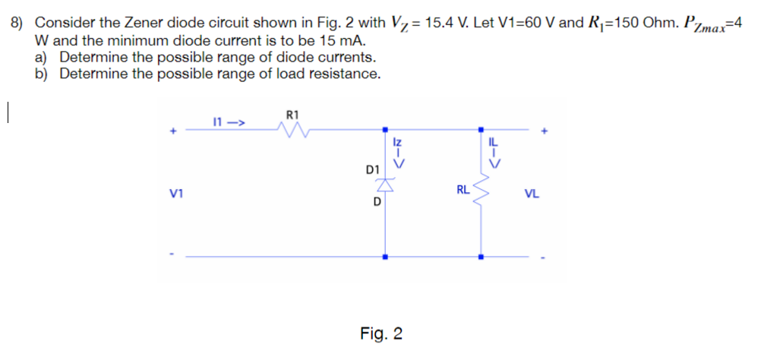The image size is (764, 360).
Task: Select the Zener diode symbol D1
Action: coord(386,185)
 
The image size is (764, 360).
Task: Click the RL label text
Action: coord(463,190)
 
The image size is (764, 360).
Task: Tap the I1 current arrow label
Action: coord(227,120)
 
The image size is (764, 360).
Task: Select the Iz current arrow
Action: coord(396,152)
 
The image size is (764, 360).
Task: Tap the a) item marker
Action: coord(42,57)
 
